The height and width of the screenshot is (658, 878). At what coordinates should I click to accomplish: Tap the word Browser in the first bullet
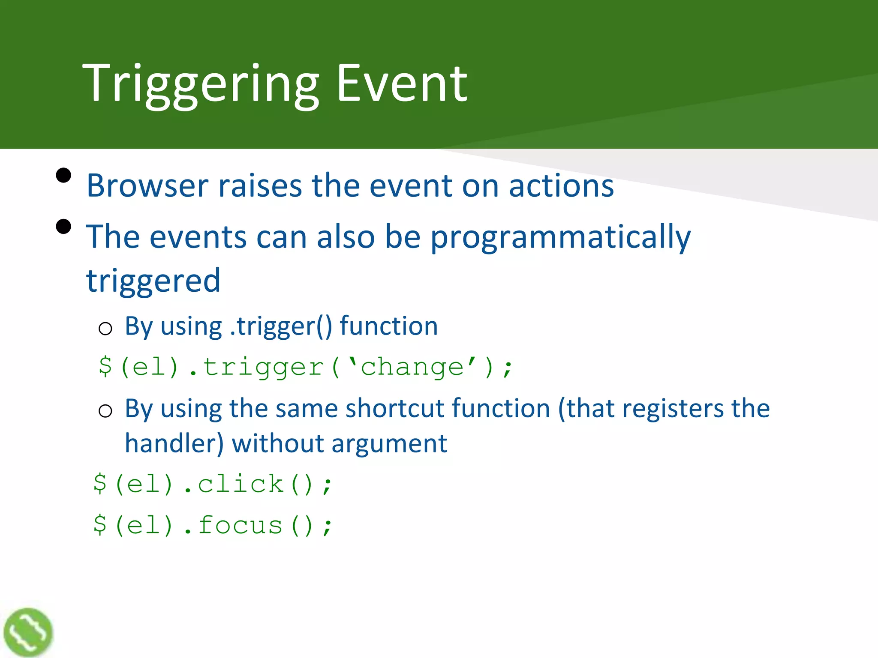(147, 185)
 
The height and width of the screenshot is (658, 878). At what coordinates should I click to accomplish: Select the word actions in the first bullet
(561, 185)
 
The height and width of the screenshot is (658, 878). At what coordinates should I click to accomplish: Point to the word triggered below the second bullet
(153, 281)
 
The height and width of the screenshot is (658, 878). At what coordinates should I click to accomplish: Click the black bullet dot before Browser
(63, 175)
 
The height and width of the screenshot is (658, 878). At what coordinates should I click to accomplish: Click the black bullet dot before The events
(63, 227)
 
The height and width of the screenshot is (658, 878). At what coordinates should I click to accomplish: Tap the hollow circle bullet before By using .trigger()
(105, 329)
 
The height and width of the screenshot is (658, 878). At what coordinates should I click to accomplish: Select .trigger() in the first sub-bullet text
(281, 326)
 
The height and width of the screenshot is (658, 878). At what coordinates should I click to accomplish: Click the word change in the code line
(412, 367)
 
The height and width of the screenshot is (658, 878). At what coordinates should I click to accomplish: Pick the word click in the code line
(241, 484)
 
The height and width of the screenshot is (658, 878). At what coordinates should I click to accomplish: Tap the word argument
(389, 443)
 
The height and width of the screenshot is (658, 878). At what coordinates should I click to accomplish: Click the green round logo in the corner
(28, 633)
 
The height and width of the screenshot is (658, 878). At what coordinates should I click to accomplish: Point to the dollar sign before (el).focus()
(100, 525)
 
